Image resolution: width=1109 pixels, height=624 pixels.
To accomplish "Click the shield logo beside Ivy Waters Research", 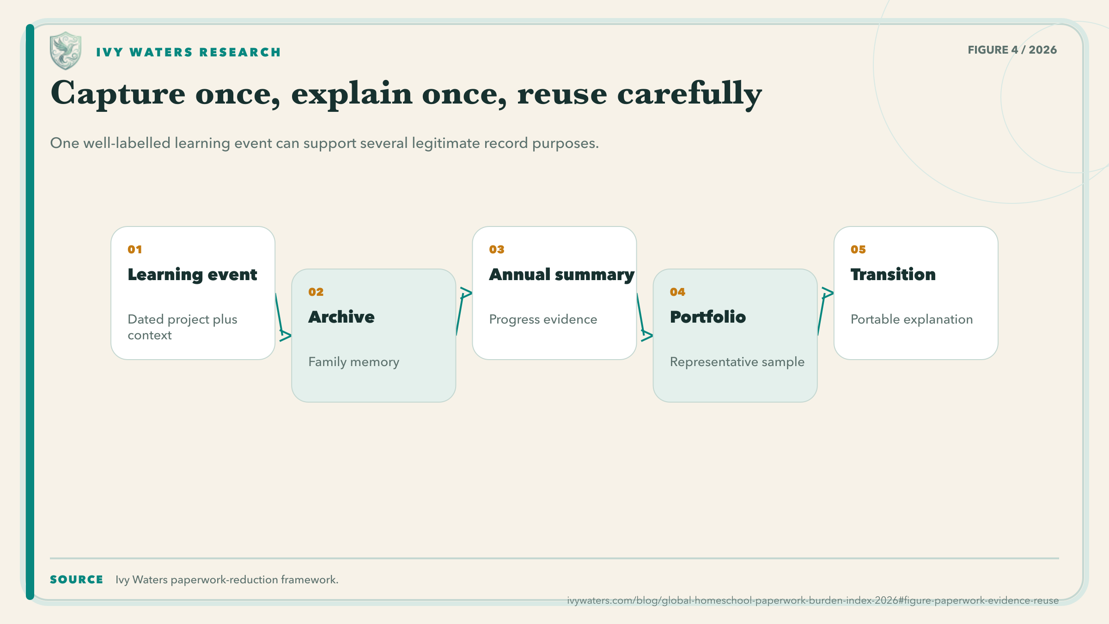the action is (66, 51).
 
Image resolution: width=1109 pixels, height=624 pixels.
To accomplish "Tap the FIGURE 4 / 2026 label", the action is (1012, 50).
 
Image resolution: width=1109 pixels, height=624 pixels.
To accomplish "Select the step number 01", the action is (135, 250).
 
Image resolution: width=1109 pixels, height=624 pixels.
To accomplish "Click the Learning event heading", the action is (192, 275).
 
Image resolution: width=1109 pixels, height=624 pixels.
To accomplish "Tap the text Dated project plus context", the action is (183, 327).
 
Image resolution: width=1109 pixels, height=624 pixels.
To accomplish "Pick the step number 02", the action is (316, 292).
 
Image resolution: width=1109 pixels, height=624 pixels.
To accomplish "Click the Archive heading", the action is (341, 317).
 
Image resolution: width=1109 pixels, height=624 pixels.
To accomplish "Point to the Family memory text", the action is (354, 362).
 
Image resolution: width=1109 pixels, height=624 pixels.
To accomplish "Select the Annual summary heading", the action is (562, 275).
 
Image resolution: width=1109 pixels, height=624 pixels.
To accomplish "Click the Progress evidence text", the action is (543, 319).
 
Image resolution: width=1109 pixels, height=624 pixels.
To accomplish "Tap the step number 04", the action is (678, 292).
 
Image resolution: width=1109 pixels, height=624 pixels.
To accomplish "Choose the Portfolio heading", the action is (708, 317).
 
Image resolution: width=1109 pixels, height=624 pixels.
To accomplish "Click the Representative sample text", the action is (737, 362).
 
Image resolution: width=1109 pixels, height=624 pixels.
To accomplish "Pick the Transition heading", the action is (893, 275).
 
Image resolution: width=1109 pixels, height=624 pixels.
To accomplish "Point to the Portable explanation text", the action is (912, 319).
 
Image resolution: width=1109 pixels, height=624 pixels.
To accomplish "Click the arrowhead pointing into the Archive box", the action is (286, 336).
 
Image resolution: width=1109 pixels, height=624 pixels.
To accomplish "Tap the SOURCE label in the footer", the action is (77, 580).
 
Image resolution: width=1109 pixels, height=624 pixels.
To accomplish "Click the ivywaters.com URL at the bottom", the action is (813, 600).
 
